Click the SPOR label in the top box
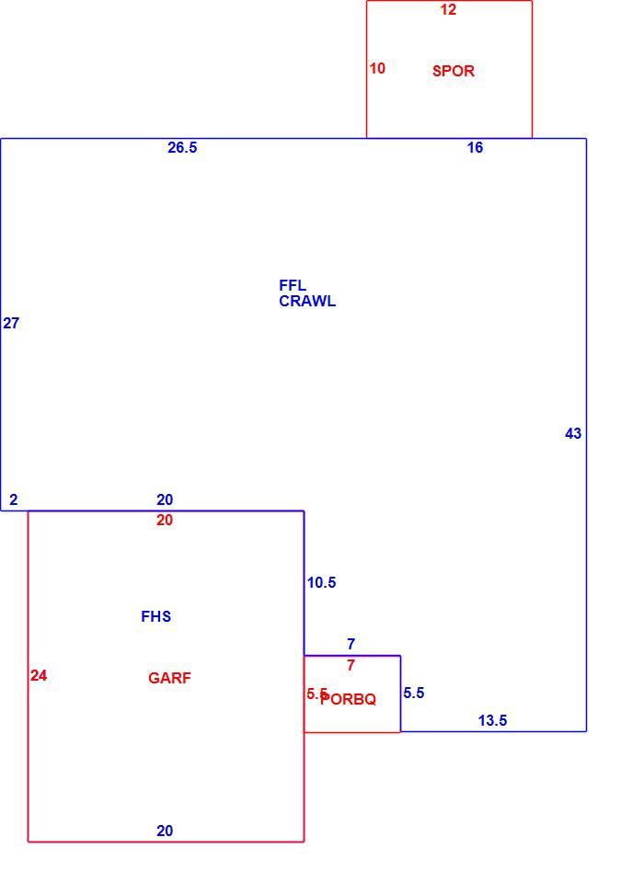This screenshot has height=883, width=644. [x=453, y=71]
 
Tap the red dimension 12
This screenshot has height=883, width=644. [x=448, y=9]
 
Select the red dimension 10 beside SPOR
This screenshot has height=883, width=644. [x=377, y=68]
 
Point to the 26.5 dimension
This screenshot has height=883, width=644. [x=182, y=147]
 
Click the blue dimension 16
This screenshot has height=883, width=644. [x=475, y=147]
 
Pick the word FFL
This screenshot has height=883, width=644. [x=293, y=285]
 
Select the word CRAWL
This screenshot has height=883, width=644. [x=307, y=302]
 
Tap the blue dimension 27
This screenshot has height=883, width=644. [x=11, y=323]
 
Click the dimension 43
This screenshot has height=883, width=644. [x=573, y=433]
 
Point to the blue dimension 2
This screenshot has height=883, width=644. [x=14, y=499]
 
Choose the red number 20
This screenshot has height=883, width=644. [x=165, y=521]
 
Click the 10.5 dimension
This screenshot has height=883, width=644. [x=321, y=583]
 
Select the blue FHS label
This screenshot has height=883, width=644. [x=156, y=616]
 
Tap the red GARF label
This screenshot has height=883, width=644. [x=169, y=678]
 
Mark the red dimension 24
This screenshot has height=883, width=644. [x=39, y=675]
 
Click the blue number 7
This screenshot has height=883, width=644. [x=351, y=644]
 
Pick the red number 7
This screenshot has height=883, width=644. [x=351, y=665]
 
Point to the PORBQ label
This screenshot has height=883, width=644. [x=348, y=699]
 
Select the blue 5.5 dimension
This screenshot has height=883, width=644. [x=414, y=694]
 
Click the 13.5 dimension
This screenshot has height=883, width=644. [x=492, y=721]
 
